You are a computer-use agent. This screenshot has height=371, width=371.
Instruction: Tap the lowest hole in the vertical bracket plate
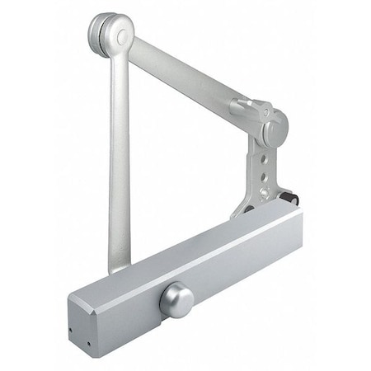[262, 192]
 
